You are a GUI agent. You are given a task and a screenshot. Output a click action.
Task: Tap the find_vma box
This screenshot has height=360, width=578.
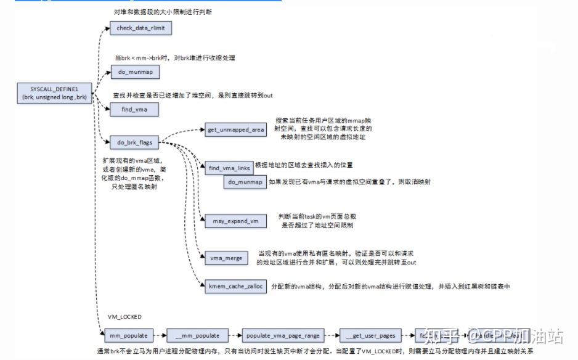[134, 109]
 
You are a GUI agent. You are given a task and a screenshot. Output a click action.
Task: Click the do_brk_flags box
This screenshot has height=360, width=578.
[134, 142]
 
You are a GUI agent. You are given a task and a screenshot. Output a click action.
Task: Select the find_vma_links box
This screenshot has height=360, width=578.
[229, 167]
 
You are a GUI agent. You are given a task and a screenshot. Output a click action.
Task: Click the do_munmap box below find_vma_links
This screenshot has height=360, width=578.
[245, 182]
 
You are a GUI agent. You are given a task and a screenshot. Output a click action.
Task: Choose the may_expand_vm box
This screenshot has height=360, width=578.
[235, 220]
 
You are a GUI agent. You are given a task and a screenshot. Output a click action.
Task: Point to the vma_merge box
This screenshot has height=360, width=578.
[226, 258]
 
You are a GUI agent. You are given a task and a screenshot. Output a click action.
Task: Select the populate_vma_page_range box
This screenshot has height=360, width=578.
[283, 335]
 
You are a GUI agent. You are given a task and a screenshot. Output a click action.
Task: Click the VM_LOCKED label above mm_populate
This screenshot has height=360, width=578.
[124, 317]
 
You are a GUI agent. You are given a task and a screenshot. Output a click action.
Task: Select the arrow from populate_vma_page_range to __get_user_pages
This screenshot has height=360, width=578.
[331, 335]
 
